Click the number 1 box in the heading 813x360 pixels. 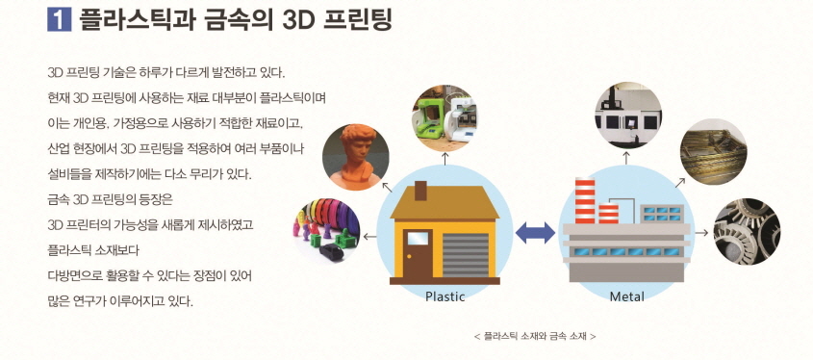pyautogui.click(x=60, y=19)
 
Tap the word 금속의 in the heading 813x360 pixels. pyautogui.click(x=241, y=19)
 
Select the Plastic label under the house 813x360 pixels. pyautogui.click(x=445, y=296)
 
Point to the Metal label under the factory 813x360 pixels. pyautogui.click(x=626, y=296)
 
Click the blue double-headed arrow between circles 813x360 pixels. pyautogui.click(x=535, y=231)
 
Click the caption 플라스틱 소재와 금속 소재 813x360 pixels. pyautogui.click(x=535, y=336)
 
